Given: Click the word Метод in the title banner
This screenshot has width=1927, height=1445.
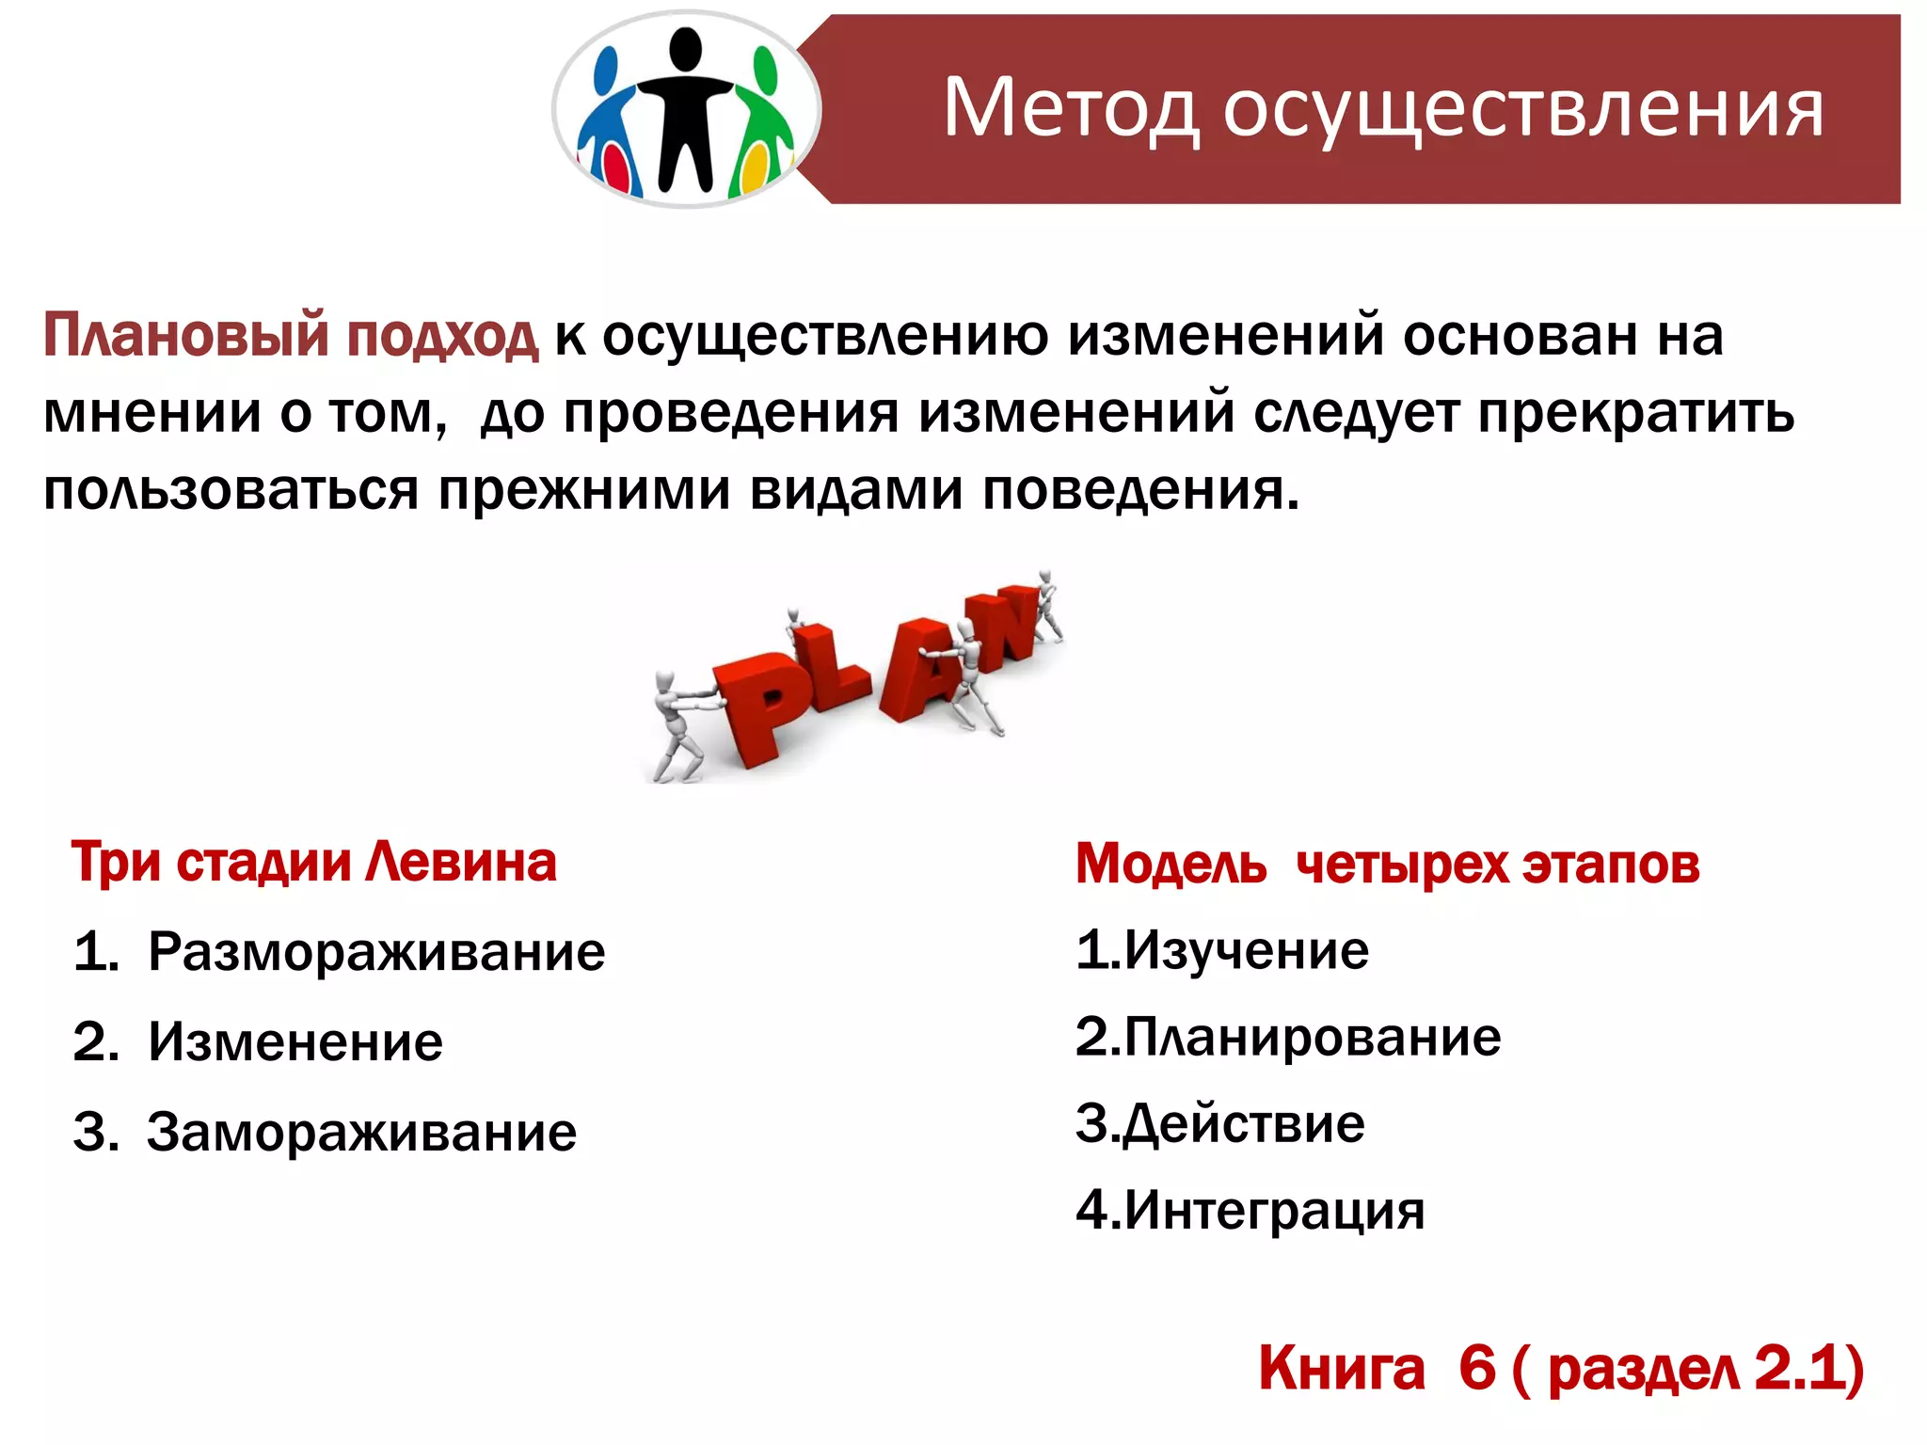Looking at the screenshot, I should click(1071, 109).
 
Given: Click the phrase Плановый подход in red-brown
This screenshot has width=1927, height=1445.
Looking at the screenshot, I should click(291, 336).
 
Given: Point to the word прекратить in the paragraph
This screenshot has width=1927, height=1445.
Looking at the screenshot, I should click(1635, 413).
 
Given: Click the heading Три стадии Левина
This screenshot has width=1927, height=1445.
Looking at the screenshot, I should click(314, 863).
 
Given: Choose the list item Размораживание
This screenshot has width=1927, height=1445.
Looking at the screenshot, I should click(376, 952).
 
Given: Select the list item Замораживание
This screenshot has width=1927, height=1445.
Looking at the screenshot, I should click(361, 1132).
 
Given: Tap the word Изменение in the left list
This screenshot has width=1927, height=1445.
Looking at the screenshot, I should click(295, 1042).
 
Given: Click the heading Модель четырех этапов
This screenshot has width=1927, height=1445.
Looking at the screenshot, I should click(1387, 865).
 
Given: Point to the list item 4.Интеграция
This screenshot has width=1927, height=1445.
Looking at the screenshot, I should click(1250, 1211).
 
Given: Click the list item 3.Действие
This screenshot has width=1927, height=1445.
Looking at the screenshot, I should click(1219, 1124).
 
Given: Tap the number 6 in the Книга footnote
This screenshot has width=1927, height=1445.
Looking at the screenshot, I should click(1476, 1369).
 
